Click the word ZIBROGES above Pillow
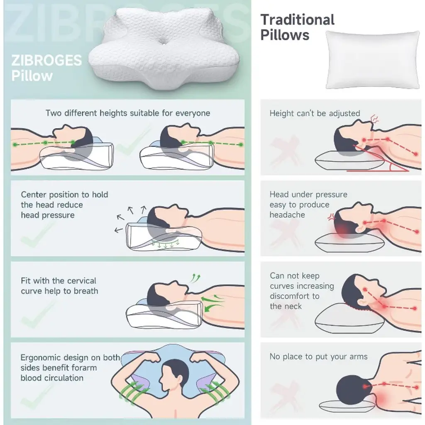pos(46,61)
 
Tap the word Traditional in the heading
pos(297,20)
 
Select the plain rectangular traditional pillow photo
pos(373,60)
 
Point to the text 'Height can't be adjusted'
pos(315,113)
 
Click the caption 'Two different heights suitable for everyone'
pos(128,113)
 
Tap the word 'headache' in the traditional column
pos(287,215)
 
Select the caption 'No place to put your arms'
pos(318,357)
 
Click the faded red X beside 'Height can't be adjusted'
pos(285,150)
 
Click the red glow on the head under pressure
pos(342,230)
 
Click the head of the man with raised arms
pos(173,375)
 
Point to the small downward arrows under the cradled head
pos(166,244)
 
